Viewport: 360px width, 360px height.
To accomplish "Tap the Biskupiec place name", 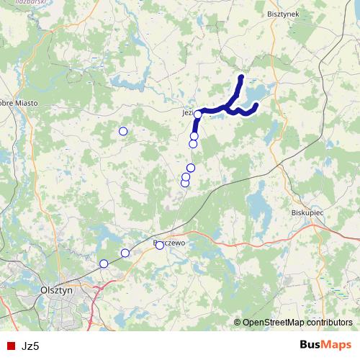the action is [x=310, y=214].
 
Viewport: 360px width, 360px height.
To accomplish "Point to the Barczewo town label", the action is [x=171, y=243].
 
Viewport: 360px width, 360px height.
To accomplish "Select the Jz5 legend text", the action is [x=30, y=346].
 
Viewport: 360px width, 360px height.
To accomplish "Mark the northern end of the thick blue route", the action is [x=241, y=77].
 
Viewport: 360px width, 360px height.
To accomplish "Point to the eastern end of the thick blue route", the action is [x=256, y=106].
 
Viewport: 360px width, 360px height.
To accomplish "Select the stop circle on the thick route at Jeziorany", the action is [x=197, y=114].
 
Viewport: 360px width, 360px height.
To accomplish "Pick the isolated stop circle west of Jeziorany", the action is [x=123, y=131].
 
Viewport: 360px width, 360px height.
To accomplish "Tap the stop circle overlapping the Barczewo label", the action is [x=160, y=246].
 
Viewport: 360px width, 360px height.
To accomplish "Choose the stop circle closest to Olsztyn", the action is [x=104, y=264].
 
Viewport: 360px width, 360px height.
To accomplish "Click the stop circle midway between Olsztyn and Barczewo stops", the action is [x=125, y=253].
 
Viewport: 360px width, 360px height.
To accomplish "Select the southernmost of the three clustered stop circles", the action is [x=185, y=183].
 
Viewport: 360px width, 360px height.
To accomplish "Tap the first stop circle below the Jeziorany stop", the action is [x=194, y=136].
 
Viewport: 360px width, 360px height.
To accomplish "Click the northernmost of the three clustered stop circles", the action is [x=191, y=168].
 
